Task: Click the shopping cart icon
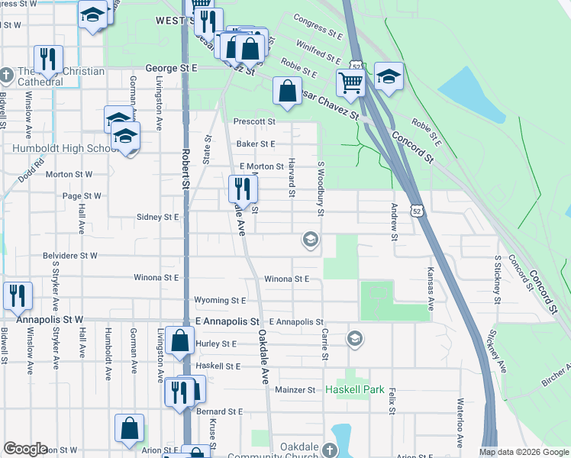tap(350, 82)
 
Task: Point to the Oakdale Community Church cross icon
tap(329, 450)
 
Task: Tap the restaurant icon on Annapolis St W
tap(18, 295)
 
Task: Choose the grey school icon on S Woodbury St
tap(310, 240)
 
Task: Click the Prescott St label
tap(254, 121)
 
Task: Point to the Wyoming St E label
tap(220, 301)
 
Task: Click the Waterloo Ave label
tap(460, 421)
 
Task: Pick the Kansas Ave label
tap(431, 289)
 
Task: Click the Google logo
tap(25, 449)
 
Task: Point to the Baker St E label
tap(255, 144)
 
